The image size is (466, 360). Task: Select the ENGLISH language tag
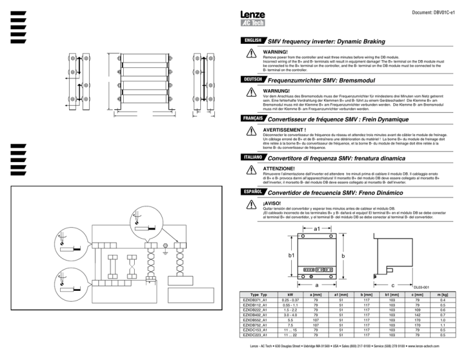[252, 41]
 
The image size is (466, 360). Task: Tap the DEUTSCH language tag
[252, 80]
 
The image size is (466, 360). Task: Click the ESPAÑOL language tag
[252, 192]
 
